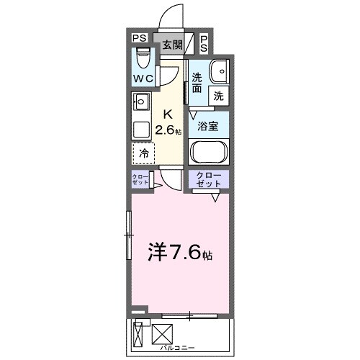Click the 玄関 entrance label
click(x=171, y=45)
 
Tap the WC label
click(x=141, y=78)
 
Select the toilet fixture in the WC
click(x=142, y=56)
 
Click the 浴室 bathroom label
click(x=208, y=125)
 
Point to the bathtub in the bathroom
click(x=208, y=152)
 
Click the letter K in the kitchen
click(x=168, y=114)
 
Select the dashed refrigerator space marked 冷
click(x=144, y=152)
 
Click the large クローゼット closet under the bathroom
click(x=209, y=180)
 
